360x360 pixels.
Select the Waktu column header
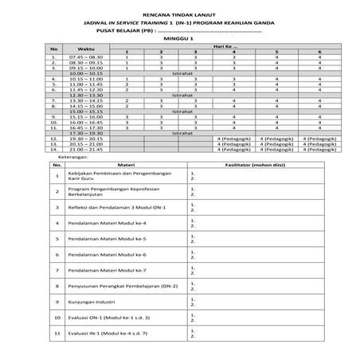80,49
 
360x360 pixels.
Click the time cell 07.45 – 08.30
85,57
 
